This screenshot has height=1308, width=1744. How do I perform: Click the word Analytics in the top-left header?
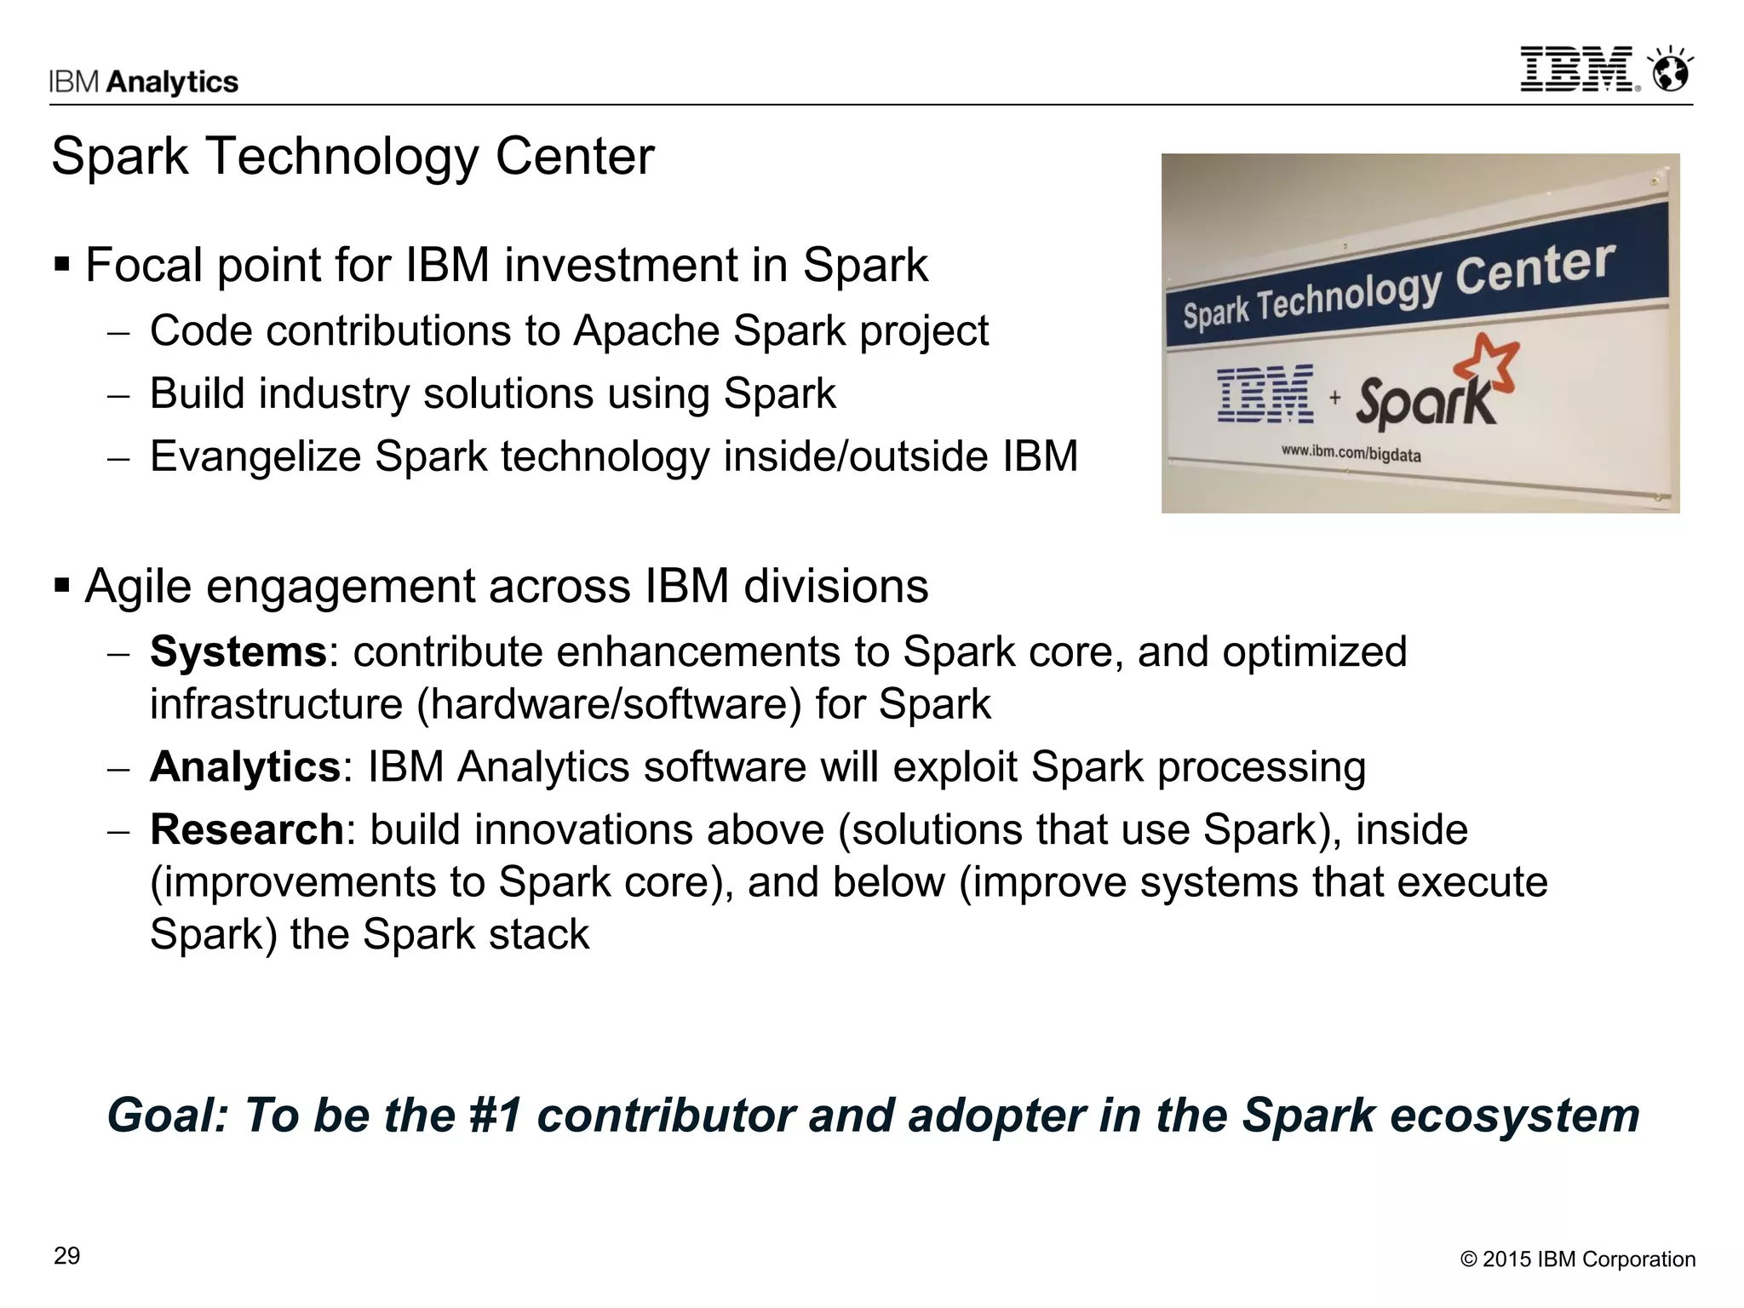point(173,82)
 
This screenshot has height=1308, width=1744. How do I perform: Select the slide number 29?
point(66,1256)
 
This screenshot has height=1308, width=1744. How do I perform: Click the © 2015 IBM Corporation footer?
point(1577,1259)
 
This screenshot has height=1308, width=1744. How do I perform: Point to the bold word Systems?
point(238,652)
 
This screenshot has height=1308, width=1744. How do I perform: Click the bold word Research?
point(246,829)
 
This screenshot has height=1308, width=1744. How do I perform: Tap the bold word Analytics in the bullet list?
point(245,766)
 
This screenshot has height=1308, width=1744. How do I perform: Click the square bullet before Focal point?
point(61,264)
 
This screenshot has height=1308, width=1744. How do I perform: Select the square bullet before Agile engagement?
point(61,586)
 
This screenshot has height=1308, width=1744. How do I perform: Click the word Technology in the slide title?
point(341,157)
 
